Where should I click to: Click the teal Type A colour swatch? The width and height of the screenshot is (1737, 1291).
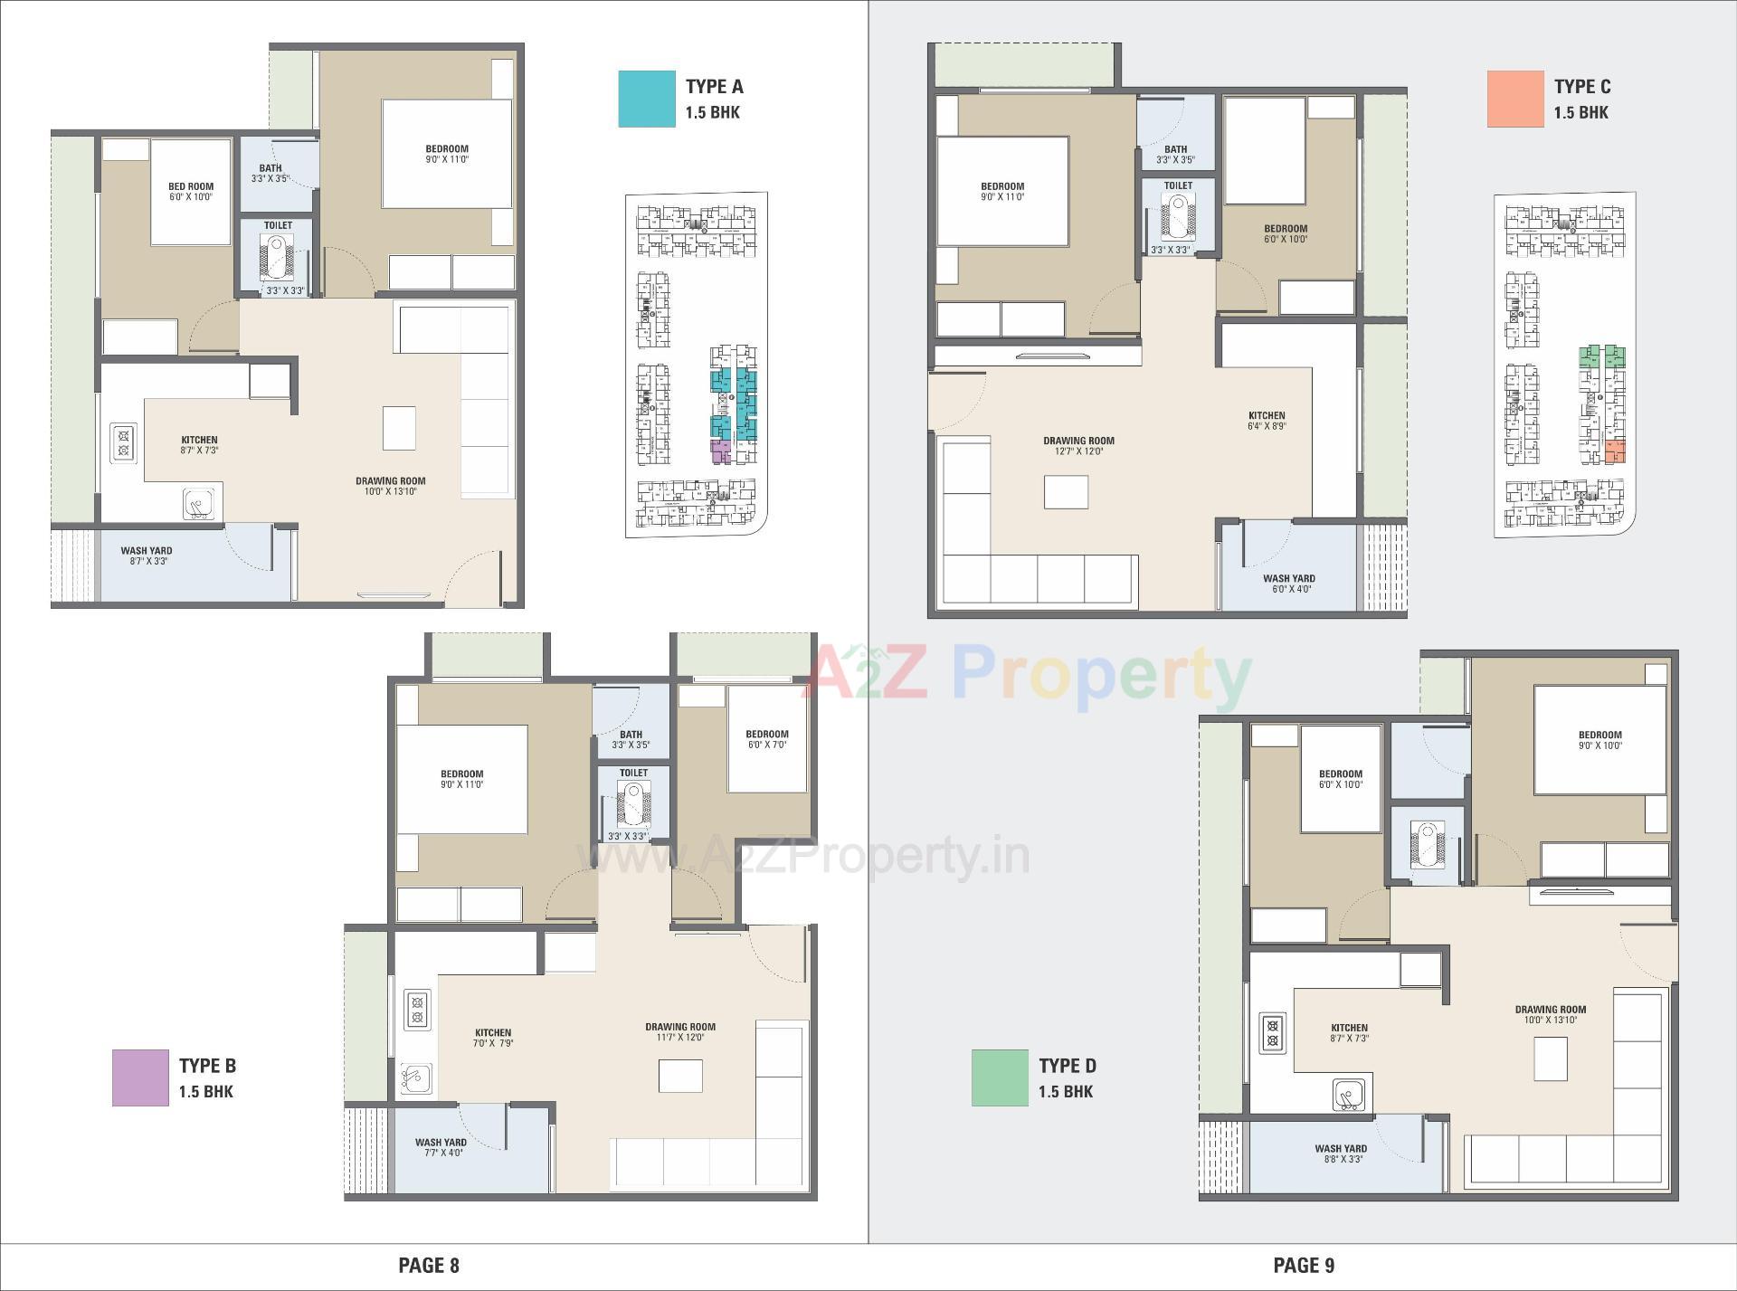(x=646, y=99)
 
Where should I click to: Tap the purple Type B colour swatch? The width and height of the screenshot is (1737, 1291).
(x=140, y=1077)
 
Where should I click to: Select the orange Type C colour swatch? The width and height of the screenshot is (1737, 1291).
(x=1515, y=99)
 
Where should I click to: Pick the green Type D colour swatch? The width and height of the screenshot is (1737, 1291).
(x=1000, y=1077)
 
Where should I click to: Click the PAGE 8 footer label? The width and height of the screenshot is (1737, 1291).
(x=429, y=1265)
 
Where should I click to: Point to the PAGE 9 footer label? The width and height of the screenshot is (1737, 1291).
(x=1304, y=1265)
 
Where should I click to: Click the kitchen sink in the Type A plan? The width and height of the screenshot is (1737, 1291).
(x=201, y=504)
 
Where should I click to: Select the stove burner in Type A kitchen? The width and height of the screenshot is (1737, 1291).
(x=124, y=443)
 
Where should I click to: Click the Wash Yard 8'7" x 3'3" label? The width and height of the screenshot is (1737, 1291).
(x=146, y=555)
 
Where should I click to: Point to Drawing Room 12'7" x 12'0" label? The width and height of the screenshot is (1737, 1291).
(x=1078, y=446)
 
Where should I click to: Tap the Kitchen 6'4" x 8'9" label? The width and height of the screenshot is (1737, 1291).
(x=1267, y=421)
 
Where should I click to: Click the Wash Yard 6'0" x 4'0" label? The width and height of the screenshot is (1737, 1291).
(x=1289, y=584)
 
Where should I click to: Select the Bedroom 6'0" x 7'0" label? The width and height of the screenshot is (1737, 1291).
(x=766, y=739)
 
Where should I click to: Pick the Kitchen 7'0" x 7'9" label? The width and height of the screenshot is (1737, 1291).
(x=493, y=1038)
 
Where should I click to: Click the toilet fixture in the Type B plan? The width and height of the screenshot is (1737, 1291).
(x=633, y=803)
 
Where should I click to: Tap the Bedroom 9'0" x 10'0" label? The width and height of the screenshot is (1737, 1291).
(x=1599, y=740)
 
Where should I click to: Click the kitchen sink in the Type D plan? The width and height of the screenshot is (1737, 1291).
(x=1348, y=1095)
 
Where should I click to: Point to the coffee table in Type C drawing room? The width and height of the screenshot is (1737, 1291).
(x=1066, y=492)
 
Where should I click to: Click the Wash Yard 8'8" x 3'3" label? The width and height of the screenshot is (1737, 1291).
(x=1341, y=1153)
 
